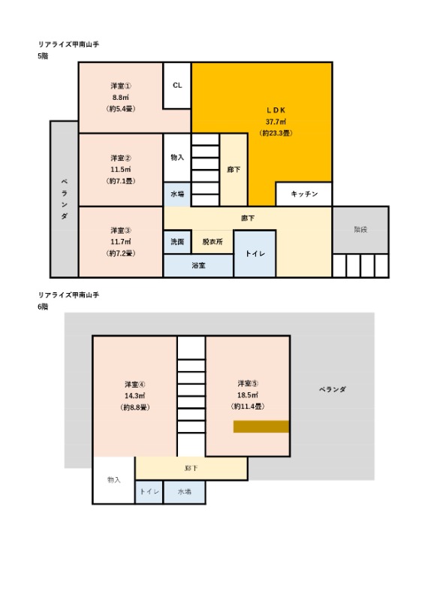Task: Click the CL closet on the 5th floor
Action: pyautogui.click(x=177, y=86)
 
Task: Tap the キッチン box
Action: pyautogui.click(x=304, y=194)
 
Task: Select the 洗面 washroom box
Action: pyautogui.click(x=177, y=242)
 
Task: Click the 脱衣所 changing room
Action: pyautogui.click(x=212, y=242)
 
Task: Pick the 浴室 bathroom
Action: pyautogui.click(x=198, y=265)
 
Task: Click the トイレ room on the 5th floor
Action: pyautogui.click(x=255, y=253)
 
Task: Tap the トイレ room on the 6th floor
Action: pyautogui.click(x=149, y=492)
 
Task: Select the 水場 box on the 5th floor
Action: pyautogui.click(x=177, y=194)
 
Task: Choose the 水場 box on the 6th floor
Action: pyautogui.click(x=184, y=492)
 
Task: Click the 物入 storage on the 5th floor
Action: pyautogui.click(x=177, y=158)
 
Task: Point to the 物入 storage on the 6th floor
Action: pyautogui.click(x=114, y=480)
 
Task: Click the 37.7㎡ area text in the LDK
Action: pyautogui.click(x=276, y=122)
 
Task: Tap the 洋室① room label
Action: pyautogui.click(x=121, y=86)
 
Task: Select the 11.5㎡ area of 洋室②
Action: pyautogui.click(x=121, y=170)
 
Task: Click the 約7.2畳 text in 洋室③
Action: pyautogui.click(x=121, y=253)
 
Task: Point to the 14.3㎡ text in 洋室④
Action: pyautogui.click(x=134, y=396)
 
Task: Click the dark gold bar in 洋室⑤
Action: pyautogui.click(x=261, y=427)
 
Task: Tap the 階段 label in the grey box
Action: pyautogui.click(x=360, y=230)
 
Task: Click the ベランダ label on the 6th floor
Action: pyautogui.click(x=332, y=389)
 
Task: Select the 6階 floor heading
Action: pyautogui.click(x=43, y=307)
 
